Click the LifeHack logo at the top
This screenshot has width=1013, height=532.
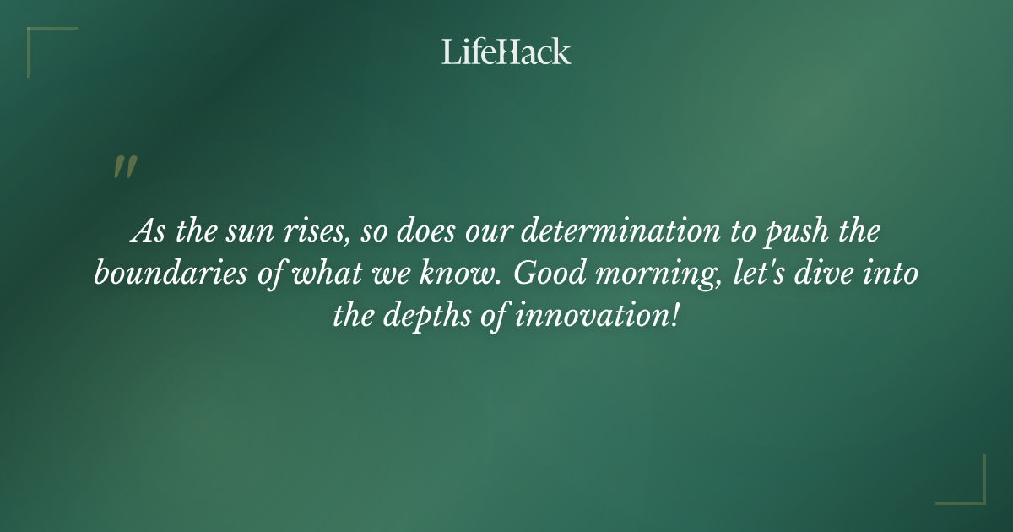[x=506, y=52]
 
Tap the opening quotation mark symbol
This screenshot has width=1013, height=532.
[x=124, y=167]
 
